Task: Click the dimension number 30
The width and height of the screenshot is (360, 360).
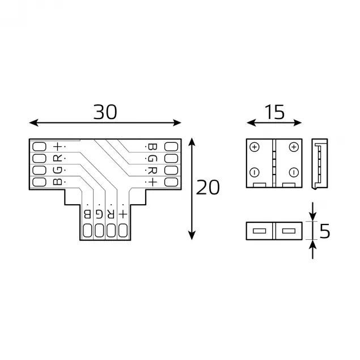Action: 105,112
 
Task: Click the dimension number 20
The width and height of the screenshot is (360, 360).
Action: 207,187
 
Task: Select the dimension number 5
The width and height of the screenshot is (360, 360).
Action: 325,231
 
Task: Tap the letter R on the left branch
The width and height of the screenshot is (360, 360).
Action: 57,158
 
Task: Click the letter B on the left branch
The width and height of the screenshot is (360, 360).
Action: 57,182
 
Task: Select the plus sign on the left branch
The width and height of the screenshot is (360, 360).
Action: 57,146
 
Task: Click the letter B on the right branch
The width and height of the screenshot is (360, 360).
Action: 152,146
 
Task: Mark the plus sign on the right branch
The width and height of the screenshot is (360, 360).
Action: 152,182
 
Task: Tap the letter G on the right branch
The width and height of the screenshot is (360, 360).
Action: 152,158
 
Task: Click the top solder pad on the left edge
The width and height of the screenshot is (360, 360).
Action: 40,146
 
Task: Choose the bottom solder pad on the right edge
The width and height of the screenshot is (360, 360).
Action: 170,182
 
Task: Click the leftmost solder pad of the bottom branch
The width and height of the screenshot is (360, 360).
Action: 87,230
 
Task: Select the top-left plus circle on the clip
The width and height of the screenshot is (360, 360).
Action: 255,147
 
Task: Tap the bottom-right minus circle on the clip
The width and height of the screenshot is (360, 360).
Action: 293,172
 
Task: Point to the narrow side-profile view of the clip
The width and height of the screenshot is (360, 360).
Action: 320,163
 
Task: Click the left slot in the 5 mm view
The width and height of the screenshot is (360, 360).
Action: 260,231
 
